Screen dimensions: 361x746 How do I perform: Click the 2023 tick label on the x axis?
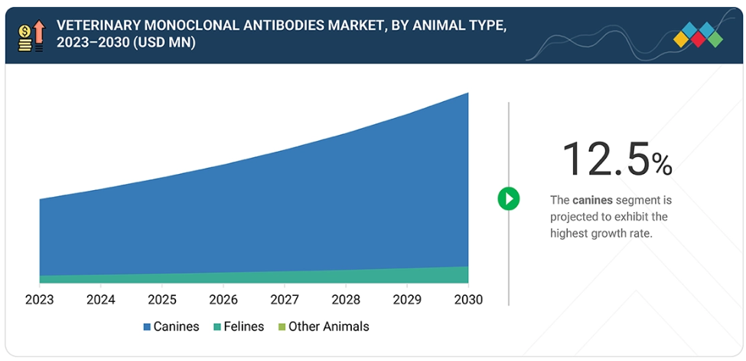39,300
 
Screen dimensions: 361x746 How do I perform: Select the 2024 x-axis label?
100,300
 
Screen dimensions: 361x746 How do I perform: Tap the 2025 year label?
161,300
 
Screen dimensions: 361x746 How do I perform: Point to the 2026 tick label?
223,300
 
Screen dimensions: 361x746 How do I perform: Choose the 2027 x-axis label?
284,300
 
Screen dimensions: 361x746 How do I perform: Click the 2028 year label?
345,300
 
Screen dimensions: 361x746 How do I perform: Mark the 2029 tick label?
406,300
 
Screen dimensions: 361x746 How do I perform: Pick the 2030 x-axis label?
467,300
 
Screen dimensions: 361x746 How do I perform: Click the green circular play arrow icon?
509,199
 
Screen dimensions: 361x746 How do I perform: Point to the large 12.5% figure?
617,159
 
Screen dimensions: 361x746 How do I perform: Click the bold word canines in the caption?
592,200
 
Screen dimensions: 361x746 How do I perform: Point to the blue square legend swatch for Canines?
147,327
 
